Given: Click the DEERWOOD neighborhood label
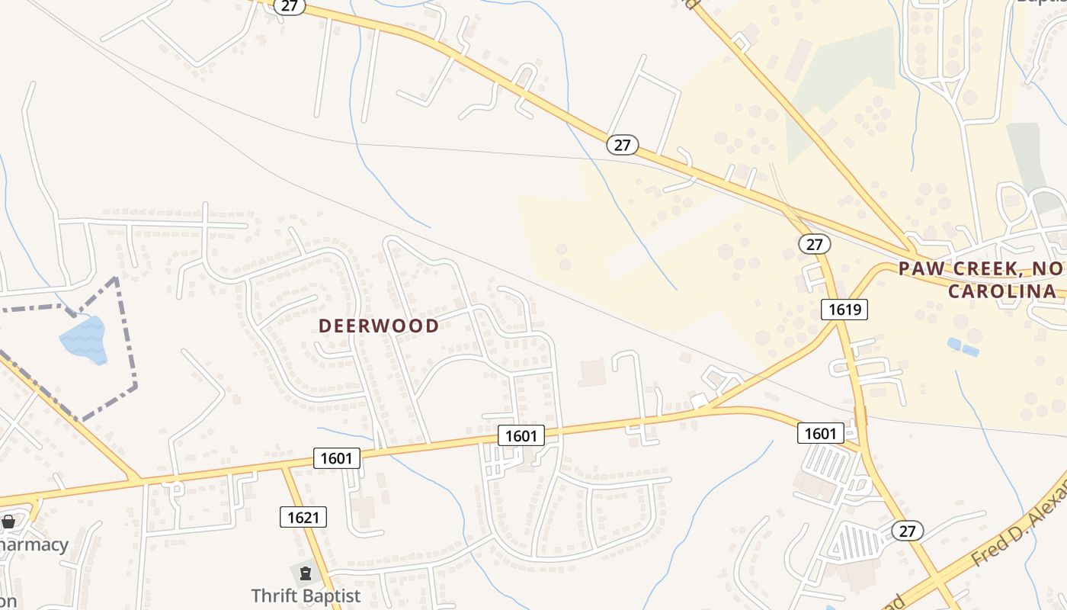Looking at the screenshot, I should pyautogui.click(x=379, y=326).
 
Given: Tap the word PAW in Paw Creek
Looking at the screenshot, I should pyautogui.click(x=918, y=268).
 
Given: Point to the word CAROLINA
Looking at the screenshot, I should pyautogui.click(x=1002, y=291).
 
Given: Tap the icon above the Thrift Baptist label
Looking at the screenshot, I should pyautogui.click(x=306, y=573).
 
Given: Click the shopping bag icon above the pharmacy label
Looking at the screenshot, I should pyautogui.click(x=8, y=522).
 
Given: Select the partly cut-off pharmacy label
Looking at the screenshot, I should pyautogui.click(x=34, y=545).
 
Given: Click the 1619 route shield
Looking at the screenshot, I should pyautogui.click(x=844, y=309).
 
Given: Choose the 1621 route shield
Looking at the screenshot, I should pyautogui.click(x=303, y=517).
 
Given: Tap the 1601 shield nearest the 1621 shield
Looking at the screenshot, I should pyautogui.click(x=336, y=457).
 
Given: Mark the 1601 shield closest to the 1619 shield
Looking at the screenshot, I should pyautogui.click(x=820, y=433).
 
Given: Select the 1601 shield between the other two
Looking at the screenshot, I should pyautogui.click(x=521, y=435).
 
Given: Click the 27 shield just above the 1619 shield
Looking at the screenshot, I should pyautogui.click(x=815, y=244).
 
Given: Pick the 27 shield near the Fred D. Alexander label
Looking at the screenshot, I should pyautogui.click(x=907, y=531).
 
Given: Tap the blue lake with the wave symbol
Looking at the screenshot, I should pyautogui.click(x=83, y=339).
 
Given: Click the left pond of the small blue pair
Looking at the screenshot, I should pyautogui.click(x=954, y=344).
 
